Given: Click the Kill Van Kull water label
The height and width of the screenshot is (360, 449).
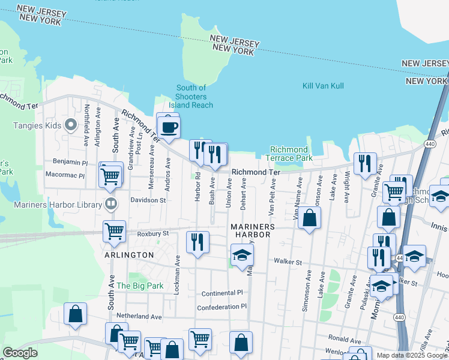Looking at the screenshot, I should click(x=323, y=86).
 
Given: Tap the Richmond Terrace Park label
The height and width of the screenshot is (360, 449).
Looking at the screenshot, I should click(x=291, y=154).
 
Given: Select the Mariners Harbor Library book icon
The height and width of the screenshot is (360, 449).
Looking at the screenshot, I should click(x=110, y=205).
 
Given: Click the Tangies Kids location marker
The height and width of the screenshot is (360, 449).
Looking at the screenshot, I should click(x=71, y=125).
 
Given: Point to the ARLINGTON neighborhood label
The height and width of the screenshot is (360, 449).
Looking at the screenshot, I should click(x=130, y=255).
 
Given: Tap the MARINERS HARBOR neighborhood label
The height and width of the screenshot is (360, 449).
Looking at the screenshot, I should click(x=253, y=231).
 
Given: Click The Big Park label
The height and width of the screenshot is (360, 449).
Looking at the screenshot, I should click(x=140, y=286).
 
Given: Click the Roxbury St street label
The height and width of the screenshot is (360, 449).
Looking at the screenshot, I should click(x=153, y=233).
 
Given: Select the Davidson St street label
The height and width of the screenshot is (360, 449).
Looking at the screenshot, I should click(x=149, y=200).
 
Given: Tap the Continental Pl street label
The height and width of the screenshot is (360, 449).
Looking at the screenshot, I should click(x=222, y=293).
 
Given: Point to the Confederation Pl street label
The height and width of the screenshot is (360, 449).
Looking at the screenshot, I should click(x=222, y=307).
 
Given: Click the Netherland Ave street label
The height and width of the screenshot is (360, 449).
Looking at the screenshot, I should click(x=139, y=316).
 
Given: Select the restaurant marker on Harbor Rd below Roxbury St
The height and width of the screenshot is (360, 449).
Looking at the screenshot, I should click(x=197, y=242).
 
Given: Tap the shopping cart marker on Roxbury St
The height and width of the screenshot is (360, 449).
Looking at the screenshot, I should click(x=114, y=230).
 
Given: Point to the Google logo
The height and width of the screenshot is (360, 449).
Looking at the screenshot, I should click(x=20, y=353).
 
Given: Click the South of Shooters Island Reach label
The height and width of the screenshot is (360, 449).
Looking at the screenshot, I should click(x=191, y=96).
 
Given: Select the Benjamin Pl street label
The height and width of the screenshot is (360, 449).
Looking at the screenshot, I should click(x=70, y=162).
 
